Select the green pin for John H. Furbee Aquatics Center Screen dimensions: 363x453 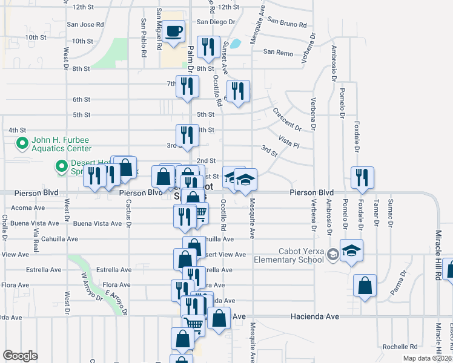(22, 144)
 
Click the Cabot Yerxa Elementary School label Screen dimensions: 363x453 (294, 256)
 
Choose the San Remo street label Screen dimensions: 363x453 (278, 52)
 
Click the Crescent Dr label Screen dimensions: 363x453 (287, 119)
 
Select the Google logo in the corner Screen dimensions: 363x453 (20, 356)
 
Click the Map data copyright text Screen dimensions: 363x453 (427, 358)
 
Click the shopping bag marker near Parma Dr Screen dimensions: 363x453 (365, 287)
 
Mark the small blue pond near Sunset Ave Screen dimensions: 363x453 (236, 44)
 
